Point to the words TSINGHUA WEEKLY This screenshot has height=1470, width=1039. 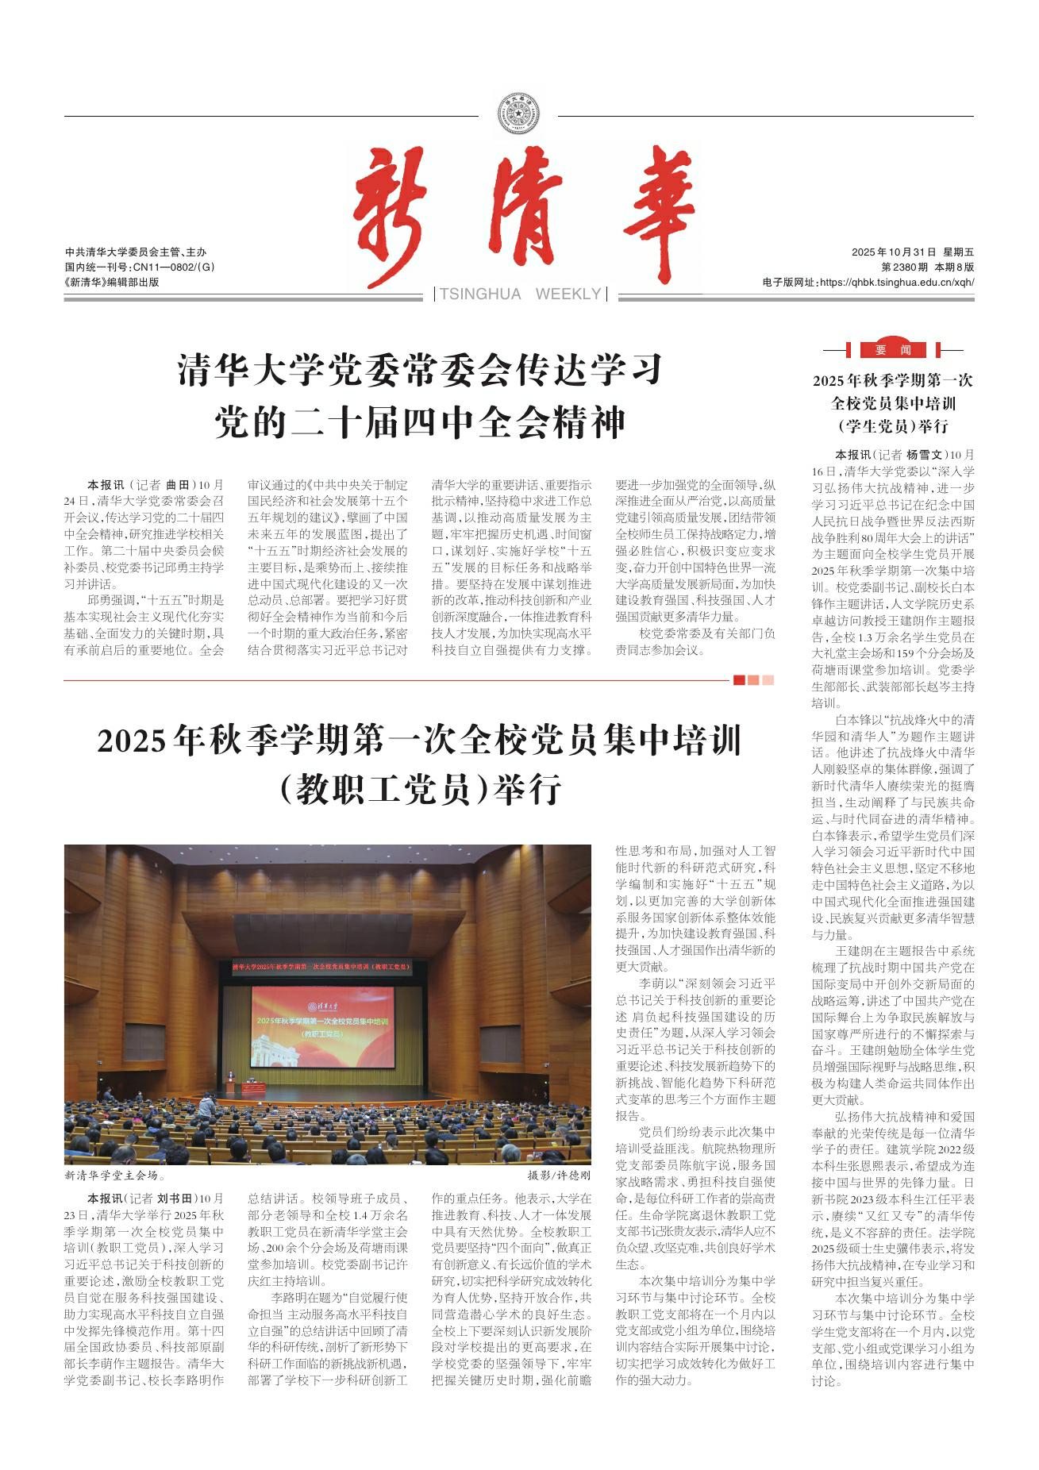click(x=520, y=294)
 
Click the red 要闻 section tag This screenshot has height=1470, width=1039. click(x=893, y=350)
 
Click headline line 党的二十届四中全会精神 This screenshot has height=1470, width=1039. click(x=420, y=423)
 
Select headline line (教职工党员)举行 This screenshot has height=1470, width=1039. click(x=420, y=789)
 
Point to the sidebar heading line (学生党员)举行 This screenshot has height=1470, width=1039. click(x=893, y=426)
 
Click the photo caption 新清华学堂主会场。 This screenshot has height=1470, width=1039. click(x=115, y=1176)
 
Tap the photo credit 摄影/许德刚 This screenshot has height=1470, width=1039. click(x=559, y=1176)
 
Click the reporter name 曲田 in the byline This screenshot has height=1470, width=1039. click(x=178, y=484)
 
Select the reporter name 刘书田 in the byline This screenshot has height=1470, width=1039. click(x=175, y=1199)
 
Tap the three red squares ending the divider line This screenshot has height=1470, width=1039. click(x=753, y=679)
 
